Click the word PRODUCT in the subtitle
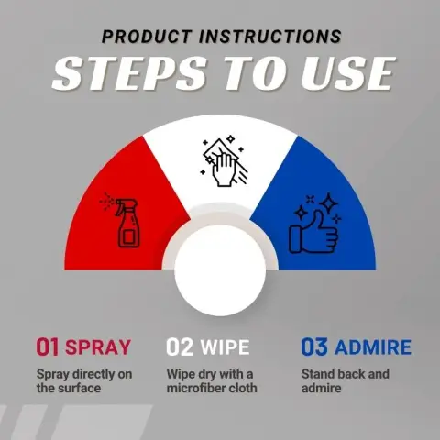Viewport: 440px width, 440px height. [147, 37]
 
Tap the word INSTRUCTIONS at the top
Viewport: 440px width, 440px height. [270, 37]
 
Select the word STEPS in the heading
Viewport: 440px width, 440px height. [129, 73]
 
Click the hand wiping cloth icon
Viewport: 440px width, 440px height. [224, 161]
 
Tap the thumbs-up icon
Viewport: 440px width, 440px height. [314, 224]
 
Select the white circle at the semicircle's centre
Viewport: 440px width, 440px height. [220, 270]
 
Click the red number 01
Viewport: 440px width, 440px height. [48, 346]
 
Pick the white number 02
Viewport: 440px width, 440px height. [180, 346]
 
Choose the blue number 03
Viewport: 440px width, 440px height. [314, 346]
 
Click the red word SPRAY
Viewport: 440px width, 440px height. [98, 347]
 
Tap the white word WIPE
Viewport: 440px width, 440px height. [225, 347]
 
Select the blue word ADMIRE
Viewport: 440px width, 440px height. [373, 347]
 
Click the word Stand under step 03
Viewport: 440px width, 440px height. [316, 374]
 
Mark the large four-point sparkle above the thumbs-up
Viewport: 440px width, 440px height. [328, 203]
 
